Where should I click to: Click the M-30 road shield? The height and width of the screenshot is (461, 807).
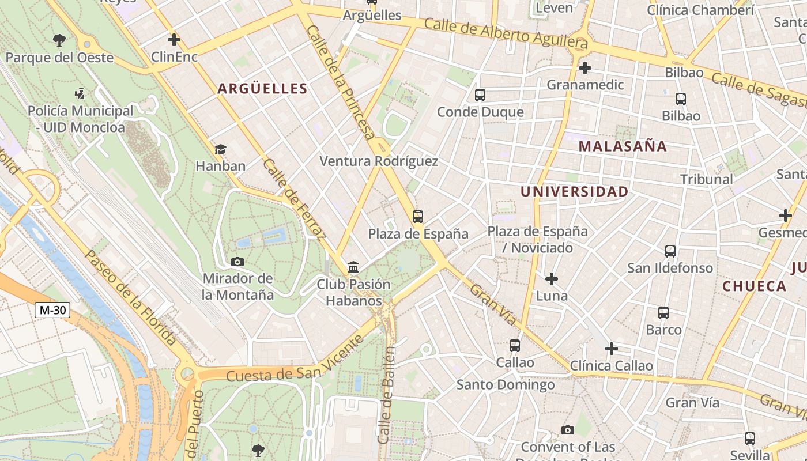52,310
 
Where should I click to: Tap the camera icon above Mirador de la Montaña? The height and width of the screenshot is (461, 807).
237,262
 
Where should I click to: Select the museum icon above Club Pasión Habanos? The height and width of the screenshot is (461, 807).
353,267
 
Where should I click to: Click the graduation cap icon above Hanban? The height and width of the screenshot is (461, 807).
220,150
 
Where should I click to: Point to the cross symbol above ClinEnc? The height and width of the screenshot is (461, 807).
174,40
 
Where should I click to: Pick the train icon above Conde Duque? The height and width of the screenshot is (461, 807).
480,95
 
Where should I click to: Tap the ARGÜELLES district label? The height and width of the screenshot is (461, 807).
262,89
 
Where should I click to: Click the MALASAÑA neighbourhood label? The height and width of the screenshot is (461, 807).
623,146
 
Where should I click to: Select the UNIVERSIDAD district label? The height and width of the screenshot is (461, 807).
574,192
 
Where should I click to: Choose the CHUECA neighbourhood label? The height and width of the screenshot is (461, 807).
754,286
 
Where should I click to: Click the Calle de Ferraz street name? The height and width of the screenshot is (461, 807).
294,198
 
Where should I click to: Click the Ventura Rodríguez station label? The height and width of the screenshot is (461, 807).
379,161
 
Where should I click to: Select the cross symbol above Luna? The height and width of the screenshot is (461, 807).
552,279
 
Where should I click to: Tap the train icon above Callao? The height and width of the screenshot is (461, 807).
515,346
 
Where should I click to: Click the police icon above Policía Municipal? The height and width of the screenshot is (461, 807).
80,93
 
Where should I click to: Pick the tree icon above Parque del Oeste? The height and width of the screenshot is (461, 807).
59,40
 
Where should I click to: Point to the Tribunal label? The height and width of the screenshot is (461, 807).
706,179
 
